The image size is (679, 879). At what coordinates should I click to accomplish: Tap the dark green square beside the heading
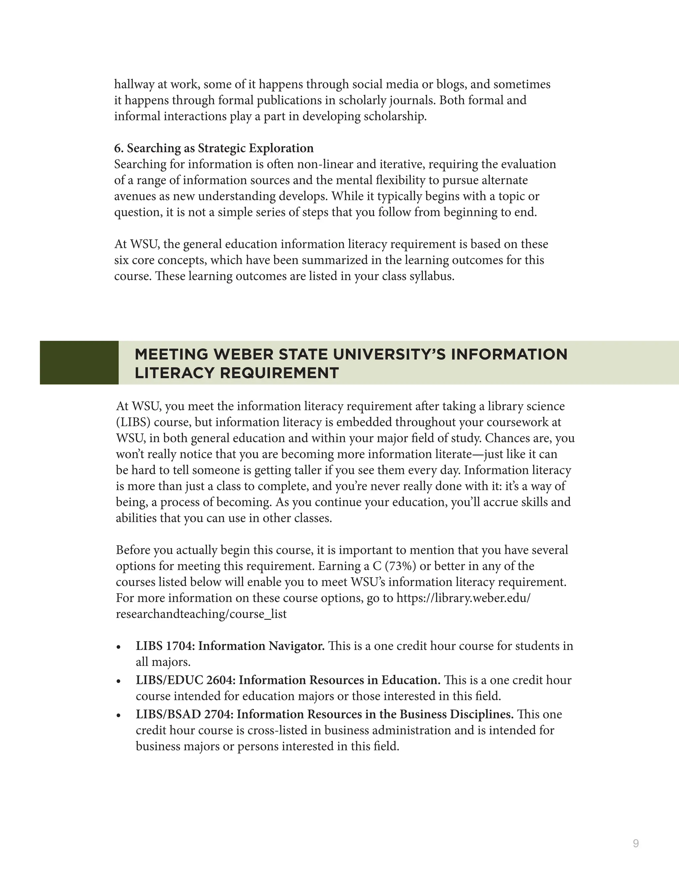[79, 362]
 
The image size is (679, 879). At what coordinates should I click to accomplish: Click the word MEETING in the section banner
[172, 354]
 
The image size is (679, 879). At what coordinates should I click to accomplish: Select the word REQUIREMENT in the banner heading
[279, 373]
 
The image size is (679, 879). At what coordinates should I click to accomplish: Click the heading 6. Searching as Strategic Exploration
[214, 148]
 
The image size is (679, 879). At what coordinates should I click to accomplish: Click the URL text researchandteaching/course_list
[201, 614]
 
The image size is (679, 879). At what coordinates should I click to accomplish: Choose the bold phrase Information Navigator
[261, 645]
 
